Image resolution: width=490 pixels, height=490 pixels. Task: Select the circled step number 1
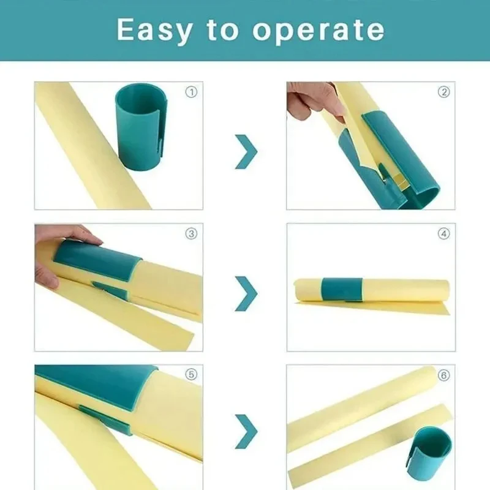click(x=192, y=92)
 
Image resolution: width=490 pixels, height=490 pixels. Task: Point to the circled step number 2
click(x=443, y=92)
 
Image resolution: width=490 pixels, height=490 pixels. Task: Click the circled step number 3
click(x=192, y=233)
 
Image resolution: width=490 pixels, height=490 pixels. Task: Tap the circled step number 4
click(x=443, y=233)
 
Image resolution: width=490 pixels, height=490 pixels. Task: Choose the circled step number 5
click(x=192, y=375)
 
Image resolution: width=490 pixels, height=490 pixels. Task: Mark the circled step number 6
click(x=443, y=375)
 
